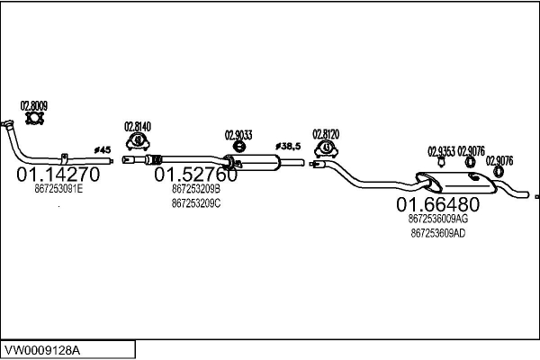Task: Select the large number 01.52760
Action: click(196, 175)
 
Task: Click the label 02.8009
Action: click(34, 103)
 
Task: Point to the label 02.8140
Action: click(137, 126)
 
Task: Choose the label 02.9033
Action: click(238, 135)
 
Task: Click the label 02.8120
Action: click(326, 134)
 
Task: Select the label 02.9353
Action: click(441, 150)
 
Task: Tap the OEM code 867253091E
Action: click(58, 189)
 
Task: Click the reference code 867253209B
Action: click(195, 189)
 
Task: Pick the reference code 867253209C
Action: click(195, 203)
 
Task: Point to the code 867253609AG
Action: click(437, 218)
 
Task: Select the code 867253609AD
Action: click(437, 232)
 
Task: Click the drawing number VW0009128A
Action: click(43, 348)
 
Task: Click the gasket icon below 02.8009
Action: click(35, 118)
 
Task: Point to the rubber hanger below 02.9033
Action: click(239, 148)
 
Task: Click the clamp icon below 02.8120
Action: click(326, 148)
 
